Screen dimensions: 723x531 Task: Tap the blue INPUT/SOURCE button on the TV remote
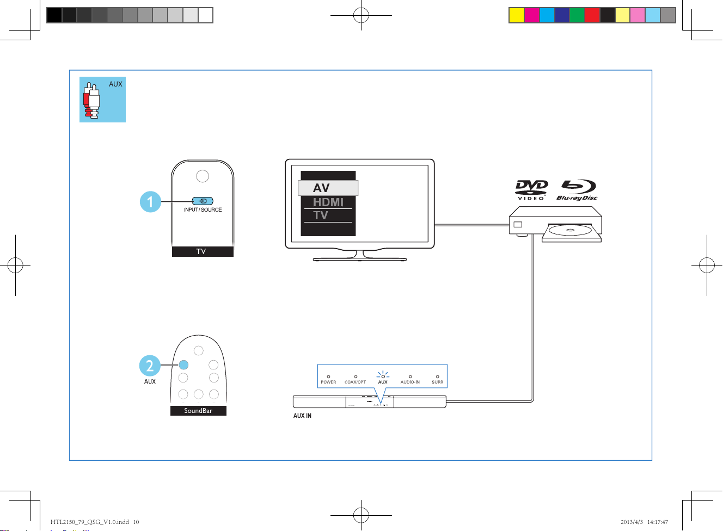(203, 201)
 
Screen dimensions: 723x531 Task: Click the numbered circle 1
(150, 202)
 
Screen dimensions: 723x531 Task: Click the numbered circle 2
(150, 366)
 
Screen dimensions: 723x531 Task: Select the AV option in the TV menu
(328, 188)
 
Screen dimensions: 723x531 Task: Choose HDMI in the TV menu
(328, 202)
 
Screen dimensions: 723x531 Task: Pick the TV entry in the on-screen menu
(321, 215)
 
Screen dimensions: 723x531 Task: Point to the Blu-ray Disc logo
(577, 190)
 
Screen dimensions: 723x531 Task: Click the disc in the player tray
(570, 231)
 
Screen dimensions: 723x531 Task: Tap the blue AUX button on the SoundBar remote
(183, 365)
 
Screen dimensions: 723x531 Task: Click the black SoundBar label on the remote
(198, 411)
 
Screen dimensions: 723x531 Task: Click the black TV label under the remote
(202, 251)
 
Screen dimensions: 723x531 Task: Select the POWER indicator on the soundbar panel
(328, 379)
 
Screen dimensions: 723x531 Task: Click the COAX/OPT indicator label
(355, 382)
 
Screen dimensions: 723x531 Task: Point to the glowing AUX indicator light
(383, 376)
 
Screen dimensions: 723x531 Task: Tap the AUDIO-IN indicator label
(410, 382)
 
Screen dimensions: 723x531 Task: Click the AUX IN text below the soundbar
(302, 416)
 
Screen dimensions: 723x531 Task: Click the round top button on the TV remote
(202, 176)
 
